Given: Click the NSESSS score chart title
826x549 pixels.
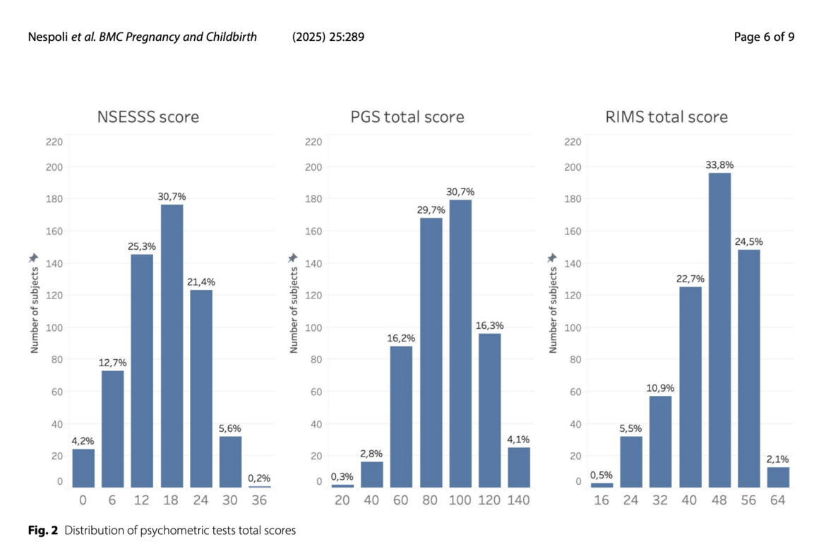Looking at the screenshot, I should pos(148,117).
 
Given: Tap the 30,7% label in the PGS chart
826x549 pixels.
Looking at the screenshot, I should pos(460,191).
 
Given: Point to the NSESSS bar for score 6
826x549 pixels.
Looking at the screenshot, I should pos(112,428).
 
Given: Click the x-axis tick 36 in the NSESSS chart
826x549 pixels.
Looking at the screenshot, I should pos(260,500).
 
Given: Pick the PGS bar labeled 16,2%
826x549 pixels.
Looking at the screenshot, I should pos(401,416).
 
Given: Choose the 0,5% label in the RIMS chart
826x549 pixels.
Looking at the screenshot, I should pos(602,474).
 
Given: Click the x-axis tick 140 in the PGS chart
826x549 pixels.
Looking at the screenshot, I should pos(518,500).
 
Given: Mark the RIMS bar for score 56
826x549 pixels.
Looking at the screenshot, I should pos(749,368).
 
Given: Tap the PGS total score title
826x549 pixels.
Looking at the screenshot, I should pos(407,117).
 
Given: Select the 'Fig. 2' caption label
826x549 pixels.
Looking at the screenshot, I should pos(43,531).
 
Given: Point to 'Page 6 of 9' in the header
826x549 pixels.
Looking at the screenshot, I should pos(764,37).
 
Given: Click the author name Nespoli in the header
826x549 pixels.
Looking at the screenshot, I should pos(48,37).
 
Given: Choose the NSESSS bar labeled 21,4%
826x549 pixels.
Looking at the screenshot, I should pos(200,388).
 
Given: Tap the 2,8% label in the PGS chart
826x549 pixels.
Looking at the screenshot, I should pos(372,453).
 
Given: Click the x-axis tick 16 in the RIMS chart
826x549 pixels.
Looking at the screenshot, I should pos(602,500).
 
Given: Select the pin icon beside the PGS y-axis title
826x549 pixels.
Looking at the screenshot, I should pos(293,258).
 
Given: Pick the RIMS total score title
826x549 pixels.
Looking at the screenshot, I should pos(666,117).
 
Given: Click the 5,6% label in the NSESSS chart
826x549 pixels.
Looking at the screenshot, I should pos(230,428).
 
